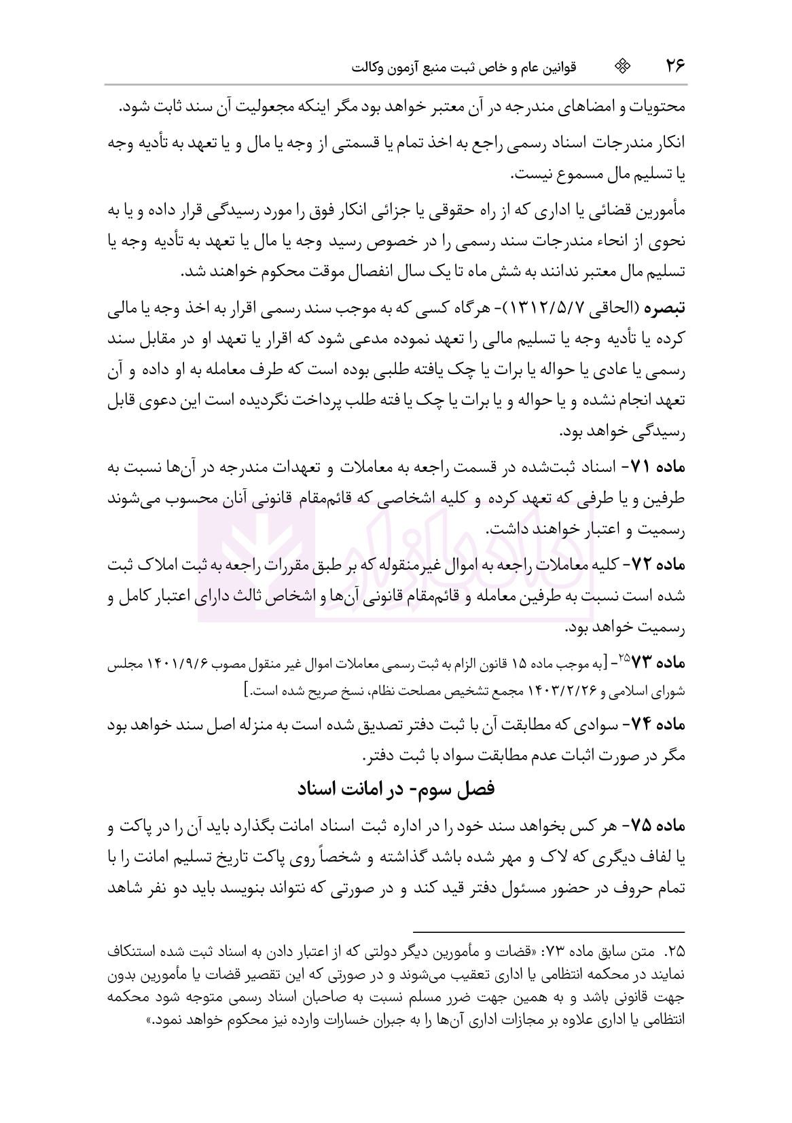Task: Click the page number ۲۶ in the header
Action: [x=674, y=66]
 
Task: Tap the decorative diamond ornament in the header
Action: [x=622, y=66]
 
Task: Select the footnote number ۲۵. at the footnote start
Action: [x=674, y=949]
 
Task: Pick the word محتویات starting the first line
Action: [x=655, y=108]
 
